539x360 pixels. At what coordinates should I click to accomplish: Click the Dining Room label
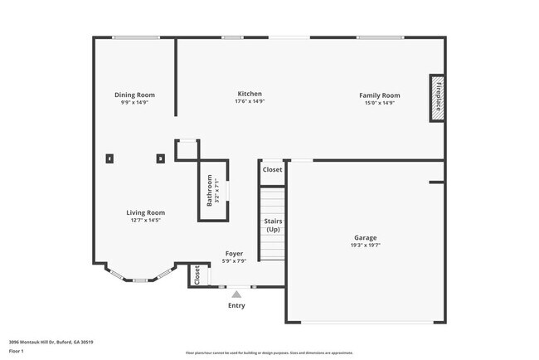tap(134, 95)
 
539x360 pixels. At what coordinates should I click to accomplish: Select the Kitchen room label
tap(250, 94)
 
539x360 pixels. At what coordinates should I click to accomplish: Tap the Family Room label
tap(379, 95)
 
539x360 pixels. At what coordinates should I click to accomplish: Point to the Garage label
tap(365, 238)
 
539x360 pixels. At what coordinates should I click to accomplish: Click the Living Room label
tap(145, 212)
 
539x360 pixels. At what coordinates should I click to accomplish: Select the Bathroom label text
tap(209, 191)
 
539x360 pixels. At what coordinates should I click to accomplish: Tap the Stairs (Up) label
tap(273, 225)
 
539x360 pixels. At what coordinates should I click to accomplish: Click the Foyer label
tap(234, 253)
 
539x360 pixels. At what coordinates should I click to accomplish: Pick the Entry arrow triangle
tap(236, 294)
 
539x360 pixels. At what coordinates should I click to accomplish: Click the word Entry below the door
tap(236, 305)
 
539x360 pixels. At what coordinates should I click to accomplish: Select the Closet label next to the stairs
tap(272, 169)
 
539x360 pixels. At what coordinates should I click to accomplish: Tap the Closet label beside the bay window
tap(197, 275)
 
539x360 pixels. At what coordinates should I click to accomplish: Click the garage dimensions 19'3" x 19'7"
tap(365, 246)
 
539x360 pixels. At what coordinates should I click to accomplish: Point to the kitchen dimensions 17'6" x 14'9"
tap(250, 102)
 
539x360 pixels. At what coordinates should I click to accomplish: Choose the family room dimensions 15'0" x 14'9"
tap(379, 103)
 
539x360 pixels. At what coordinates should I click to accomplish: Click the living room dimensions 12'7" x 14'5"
tap(145, 221)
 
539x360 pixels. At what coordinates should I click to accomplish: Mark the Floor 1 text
tap(17, 351)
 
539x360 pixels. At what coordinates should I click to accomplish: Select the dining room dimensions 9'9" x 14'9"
tap(134, 103)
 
